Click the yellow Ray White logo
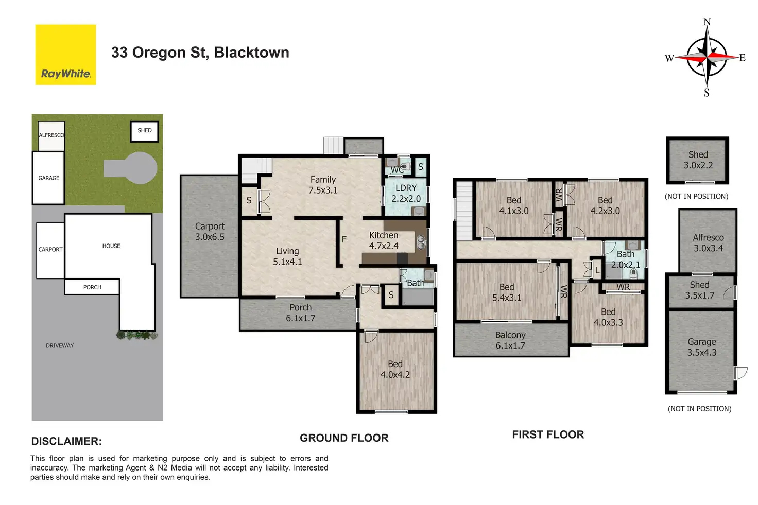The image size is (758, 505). coord(65,55)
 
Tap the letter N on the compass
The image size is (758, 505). coord(707,22)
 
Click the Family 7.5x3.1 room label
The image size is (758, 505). coord(323,185)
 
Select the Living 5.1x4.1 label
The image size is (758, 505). coord(287,256)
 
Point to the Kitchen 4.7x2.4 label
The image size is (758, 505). coord(384,240)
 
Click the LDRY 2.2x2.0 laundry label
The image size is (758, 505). coord(406,193)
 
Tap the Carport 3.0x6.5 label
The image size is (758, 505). coord(210,232)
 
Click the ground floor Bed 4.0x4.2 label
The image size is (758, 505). coord(395,369)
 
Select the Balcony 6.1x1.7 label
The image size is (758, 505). coord(510,340)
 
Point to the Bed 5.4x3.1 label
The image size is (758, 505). coord(507,292)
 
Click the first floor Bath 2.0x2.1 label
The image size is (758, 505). coord(626,259)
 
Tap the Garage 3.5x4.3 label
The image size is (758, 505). coord(701,347)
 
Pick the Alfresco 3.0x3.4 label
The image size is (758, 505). coord(708,242)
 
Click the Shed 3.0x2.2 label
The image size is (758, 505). coord(698,160)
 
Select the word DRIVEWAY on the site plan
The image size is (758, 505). coord(60,346)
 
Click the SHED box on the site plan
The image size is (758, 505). coord(145,131)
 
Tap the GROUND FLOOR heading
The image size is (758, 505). coord(344,438)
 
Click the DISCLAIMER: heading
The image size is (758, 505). coord(66,441)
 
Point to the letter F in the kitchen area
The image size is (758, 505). coord(344,239)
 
